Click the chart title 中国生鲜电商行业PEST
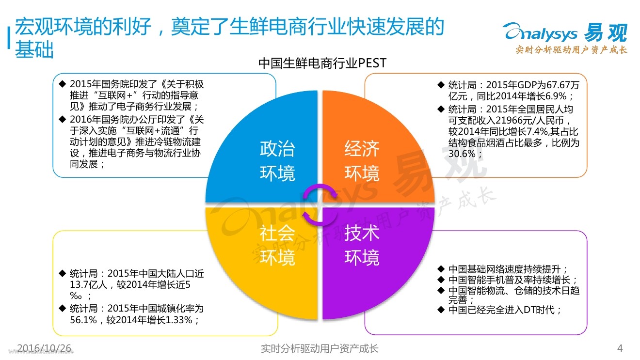tap(322, 63)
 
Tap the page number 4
tap(619, 348)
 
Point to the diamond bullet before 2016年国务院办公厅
tap(62, 119)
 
